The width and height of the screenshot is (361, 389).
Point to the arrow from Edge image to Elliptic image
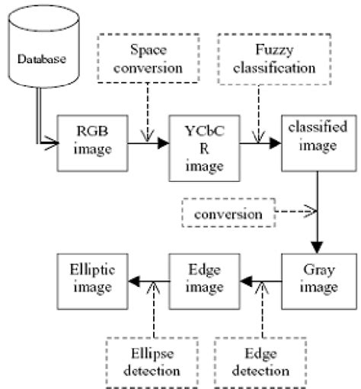tap(144, 281)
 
